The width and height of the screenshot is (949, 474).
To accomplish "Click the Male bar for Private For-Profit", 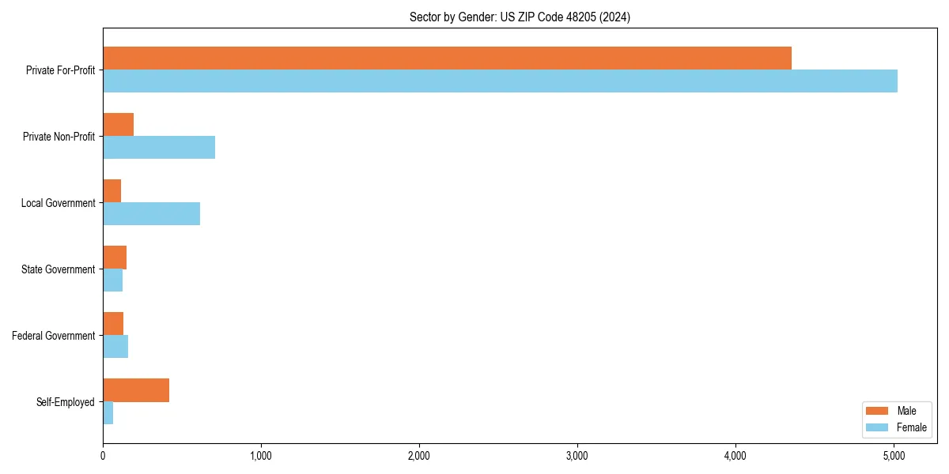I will click(x=447, y=58).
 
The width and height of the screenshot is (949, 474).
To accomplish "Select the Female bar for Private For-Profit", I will click(x=500, y=81).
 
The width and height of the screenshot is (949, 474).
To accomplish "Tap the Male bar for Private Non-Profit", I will click(x=118, y=125).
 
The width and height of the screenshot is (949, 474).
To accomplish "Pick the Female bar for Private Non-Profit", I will click(x=159, y=147).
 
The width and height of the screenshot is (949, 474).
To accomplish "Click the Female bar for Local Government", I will click(x=151, y=213).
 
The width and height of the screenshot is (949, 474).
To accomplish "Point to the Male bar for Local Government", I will click(x=112, y=191).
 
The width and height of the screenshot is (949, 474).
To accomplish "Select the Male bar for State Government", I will click(x=115, y=258).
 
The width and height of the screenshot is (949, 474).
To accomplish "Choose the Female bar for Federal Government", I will click(x=115, y=346).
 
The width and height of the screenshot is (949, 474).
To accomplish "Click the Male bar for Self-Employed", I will click(x=136, y=390).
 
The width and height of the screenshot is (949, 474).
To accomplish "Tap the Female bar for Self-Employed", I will click(x=108, y=412).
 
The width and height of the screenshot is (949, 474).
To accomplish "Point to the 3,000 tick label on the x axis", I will click(x=577, y=456).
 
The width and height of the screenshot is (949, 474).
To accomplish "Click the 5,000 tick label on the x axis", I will click(x=894, y=456).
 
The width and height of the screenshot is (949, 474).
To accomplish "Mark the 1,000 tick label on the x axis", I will click(x=261, y=456).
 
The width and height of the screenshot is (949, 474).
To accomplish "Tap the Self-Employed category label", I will click(x=66, y=402).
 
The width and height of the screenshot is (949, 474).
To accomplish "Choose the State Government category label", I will click(x=59, y=269).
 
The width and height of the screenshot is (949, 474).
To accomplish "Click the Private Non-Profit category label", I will click(x=60, y=137).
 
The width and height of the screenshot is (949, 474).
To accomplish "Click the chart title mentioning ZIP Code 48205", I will click(x=520, y=17).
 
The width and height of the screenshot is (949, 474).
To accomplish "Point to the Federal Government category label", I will click(x=54, y=336).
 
